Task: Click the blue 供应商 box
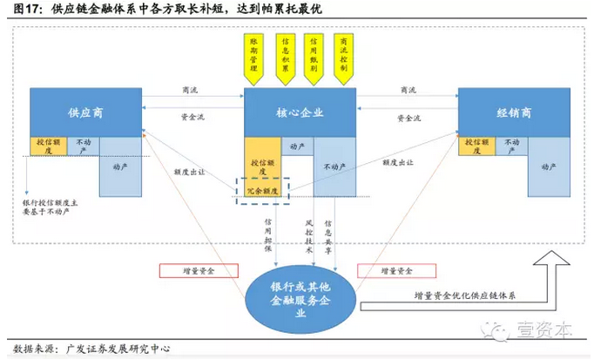85,112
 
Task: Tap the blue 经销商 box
515,112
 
